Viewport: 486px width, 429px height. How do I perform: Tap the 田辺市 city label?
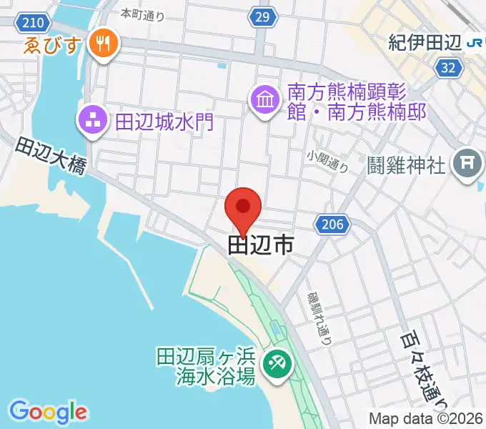tap(260, 245)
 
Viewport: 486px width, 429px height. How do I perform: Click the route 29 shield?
tap(263, 16)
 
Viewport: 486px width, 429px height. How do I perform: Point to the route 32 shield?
tap(448, 67)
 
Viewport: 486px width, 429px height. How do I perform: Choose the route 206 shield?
tap(333, 225)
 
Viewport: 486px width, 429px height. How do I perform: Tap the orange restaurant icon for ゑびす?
tap(104, 44)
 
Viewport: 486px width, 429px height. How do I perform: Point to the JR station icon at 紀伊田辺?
tap(474, 43)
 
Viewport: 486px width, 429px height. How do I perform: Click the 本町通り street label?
tap(142, 13)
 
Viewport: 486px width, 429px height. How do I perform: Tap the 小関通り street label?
tap(328, 162)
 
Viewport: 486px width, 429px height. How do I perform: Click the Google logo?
tap(48, 411)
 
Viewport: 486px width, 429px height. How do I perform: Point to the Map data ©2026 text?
tap(426, 419)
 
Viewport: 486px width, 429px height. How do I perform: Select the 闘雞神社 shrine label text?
tap(407, 165)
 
